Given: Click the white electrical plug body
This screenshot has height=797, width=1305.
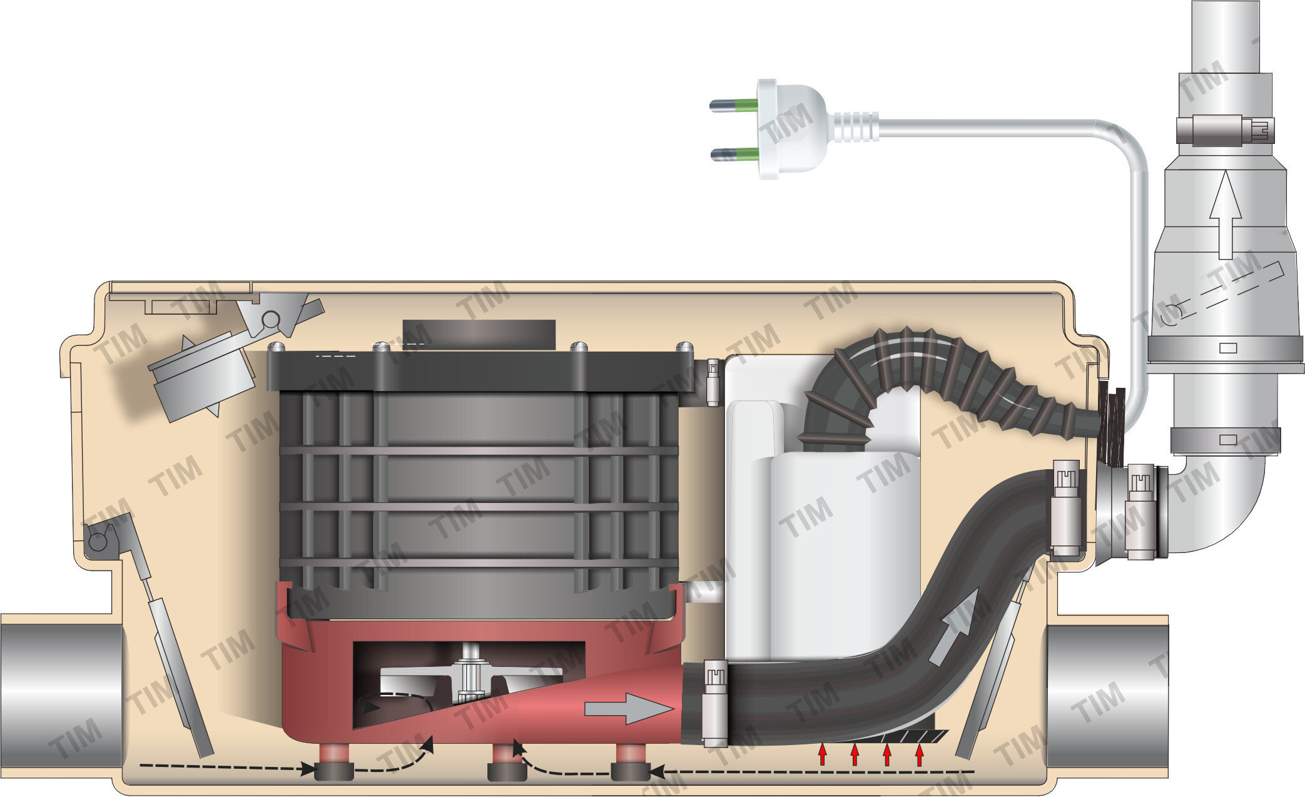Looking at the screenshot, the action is pos(792,128).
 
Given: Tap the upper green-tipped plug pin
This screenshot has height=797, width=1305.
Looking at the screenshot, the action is pos(734,105).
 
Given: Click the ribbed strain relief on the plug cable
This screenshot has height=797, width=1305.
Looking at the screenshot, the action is pos(853,128).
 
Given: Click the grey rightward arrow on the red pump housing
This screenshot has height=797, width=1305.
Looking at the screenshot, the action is pos(629,708).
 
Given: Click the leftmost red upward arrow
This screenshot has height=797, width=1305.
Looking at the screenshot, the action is pos(823,754).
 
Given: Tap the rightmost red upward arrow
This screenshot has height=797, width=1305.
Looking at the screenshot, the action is pos(919,754).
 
